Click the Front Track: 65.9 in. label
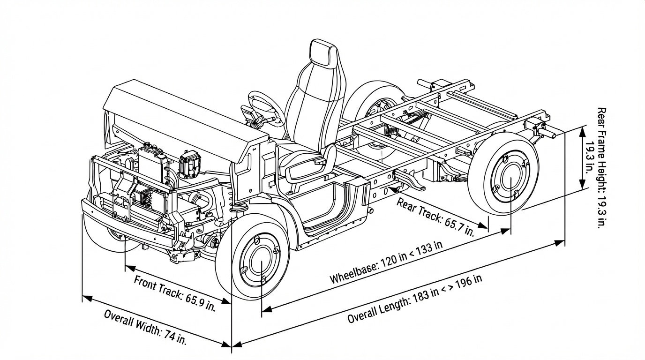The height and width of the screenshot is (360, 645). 174,294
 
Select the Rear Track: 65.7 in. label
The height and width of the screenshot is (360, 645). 435,217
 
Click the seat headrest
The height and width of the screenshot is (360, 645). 323,53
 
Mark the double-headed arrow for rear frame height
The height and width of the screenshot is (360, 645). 583,157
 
